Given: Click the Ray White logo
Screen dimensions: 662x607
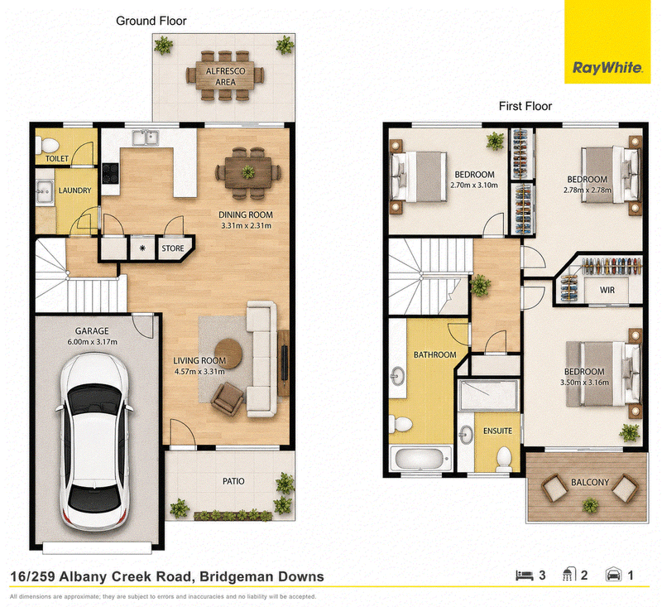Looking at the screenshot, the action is click(x=607, y=41).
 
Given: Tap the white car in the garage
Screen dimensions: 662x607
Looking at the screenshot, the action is click(x=94, y=441).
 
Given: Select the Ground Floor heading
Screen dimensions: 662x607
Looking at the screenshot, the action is click(x=151, y=21).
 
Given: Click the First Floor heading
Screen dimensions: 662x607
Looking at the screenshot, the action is click(x=525, y=106).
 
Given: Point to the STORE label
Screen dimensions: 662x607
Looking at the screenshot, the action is click(x=173, y=248).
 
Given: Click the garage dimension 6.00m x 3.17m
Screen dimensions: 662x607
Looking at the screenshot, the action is click(x=92, y=342).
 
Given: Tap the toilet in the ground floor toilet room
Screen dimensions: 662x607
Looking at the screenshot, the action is click(x=47, y=146).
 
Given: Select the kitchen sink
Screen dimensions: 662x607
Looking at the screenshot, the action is click(x=145, y=137).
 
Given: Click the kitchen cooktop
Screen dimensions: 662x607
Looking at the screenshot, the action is click(x=111, y=173).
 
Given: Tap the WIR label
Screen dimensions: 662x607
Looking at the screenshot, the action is click(x=607, y=290).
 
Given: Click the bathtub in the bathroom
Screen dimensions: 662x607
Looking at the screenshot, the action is click(x=420, y=458).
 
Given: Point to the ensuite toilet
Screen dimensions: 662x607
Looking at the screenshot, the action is click(x=503, y=459).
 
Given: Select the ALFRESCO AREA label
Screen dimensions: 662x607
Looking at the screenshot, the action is click(x=225, y=76).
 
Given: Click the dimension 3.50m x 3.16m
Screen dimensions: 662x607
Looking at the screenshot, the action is click(x=585, y=383).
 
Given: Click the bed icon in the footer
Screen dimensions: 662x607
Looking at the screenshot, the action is click(x=525, y=576).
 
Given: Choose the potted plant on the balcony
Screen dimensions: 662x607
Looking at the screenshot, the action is click(x=590, y=505).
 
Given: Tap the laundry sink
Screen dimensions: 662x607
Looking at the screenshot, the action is click(x=44, y=192).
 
